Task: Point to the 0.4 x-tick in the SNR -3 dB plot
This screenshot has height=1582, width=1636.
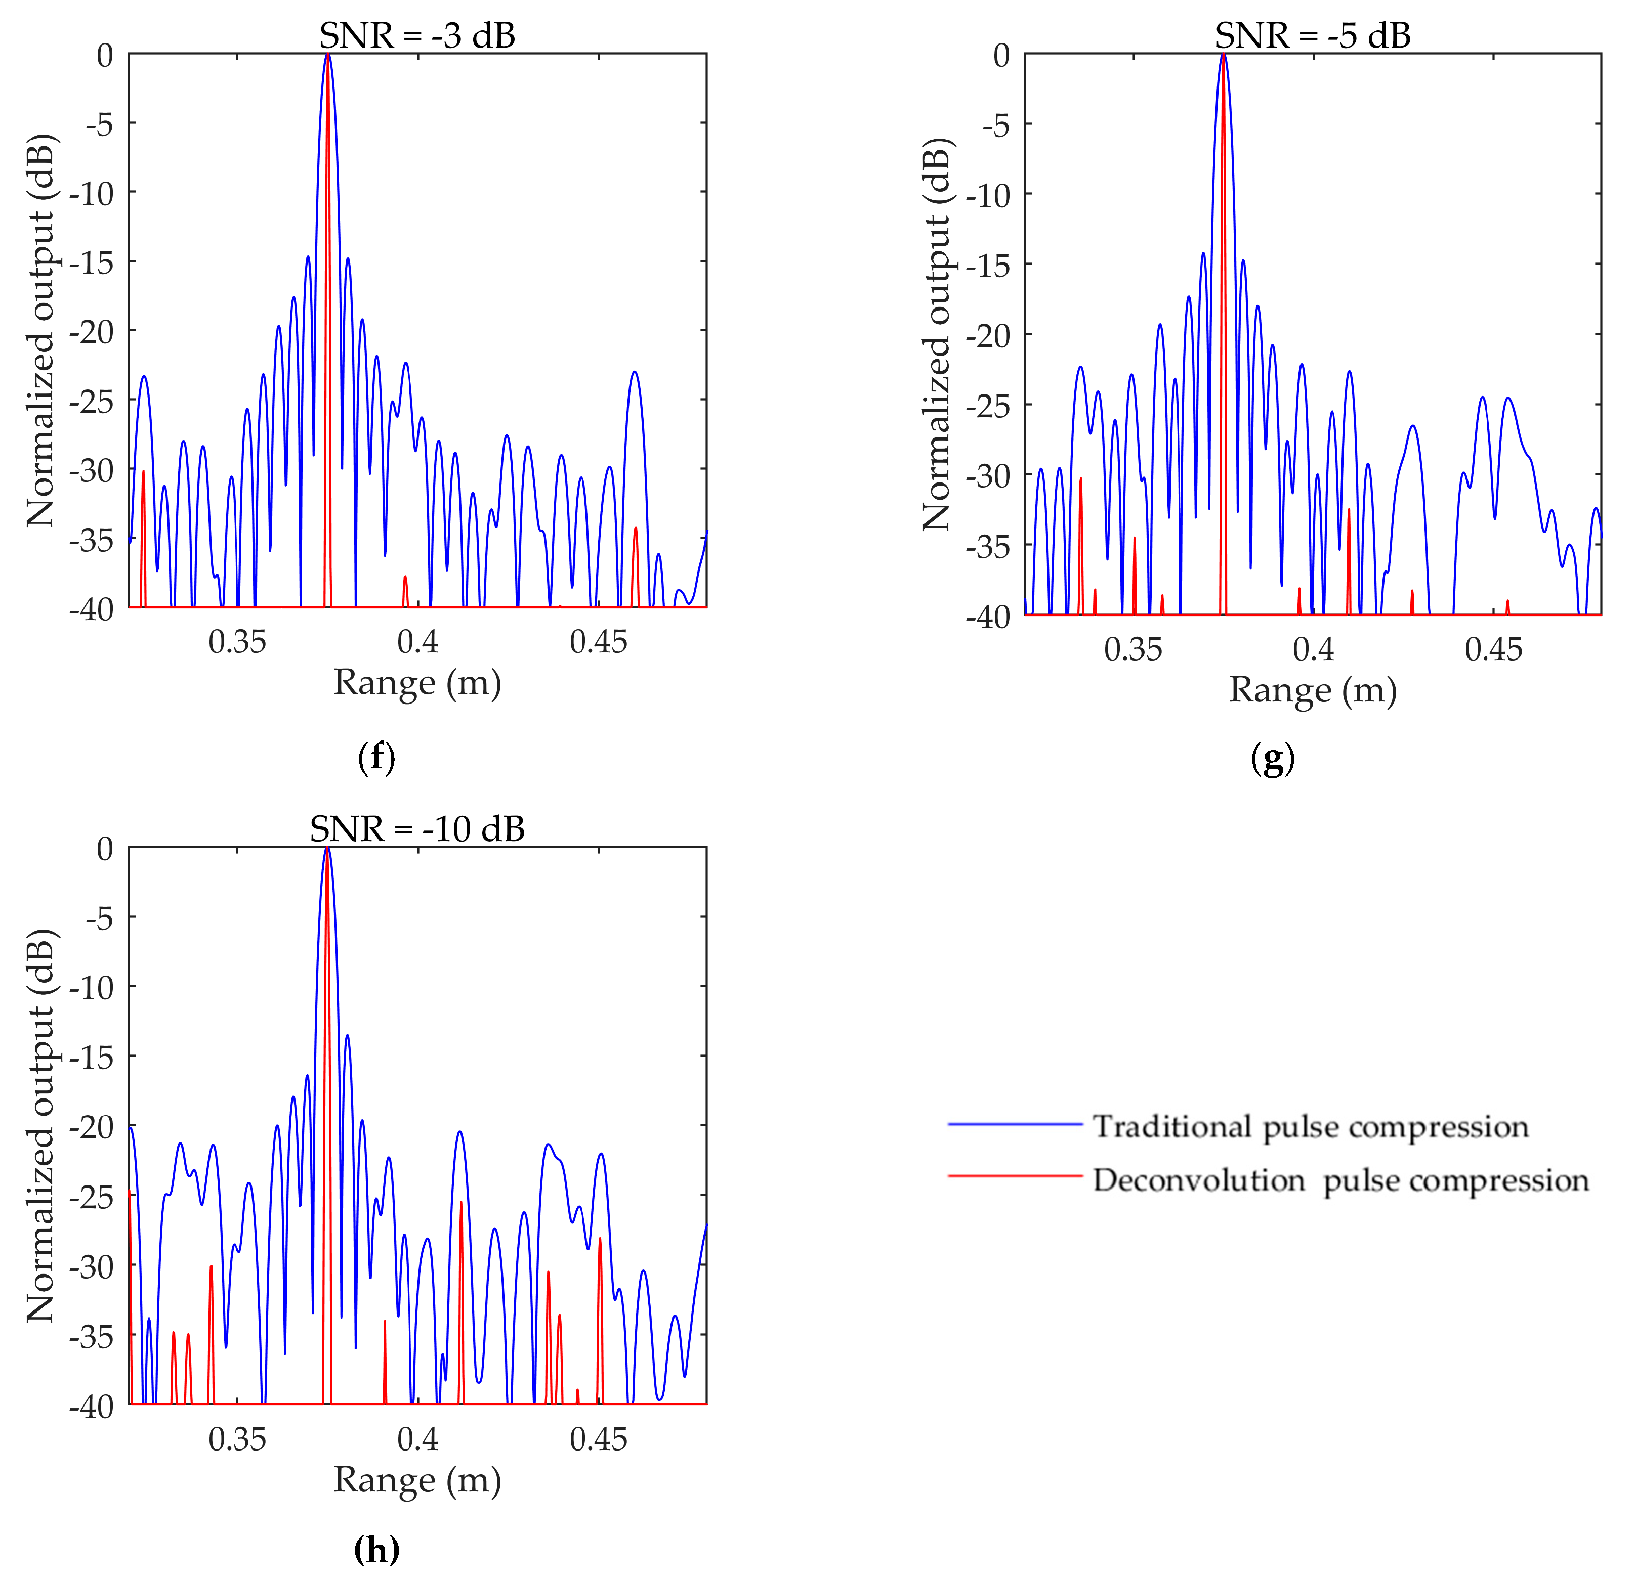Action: pos(417,642)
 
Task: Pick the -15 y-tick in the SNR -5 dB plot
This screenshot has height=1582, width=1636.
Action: pos(987,266)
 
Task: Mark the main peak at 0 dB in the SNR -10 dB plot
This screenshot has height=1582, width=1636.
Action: pos(327,849)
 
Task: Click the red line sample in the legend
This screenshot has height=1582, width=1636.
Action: pos(1015,1176)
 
